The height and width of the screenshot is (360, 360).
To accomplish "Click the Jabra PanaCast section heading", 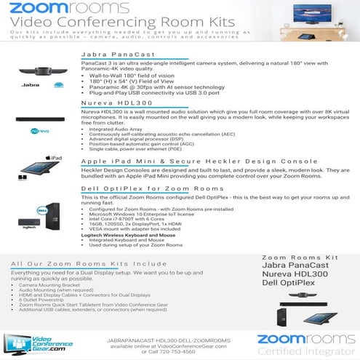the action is (x=116, y=54).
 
